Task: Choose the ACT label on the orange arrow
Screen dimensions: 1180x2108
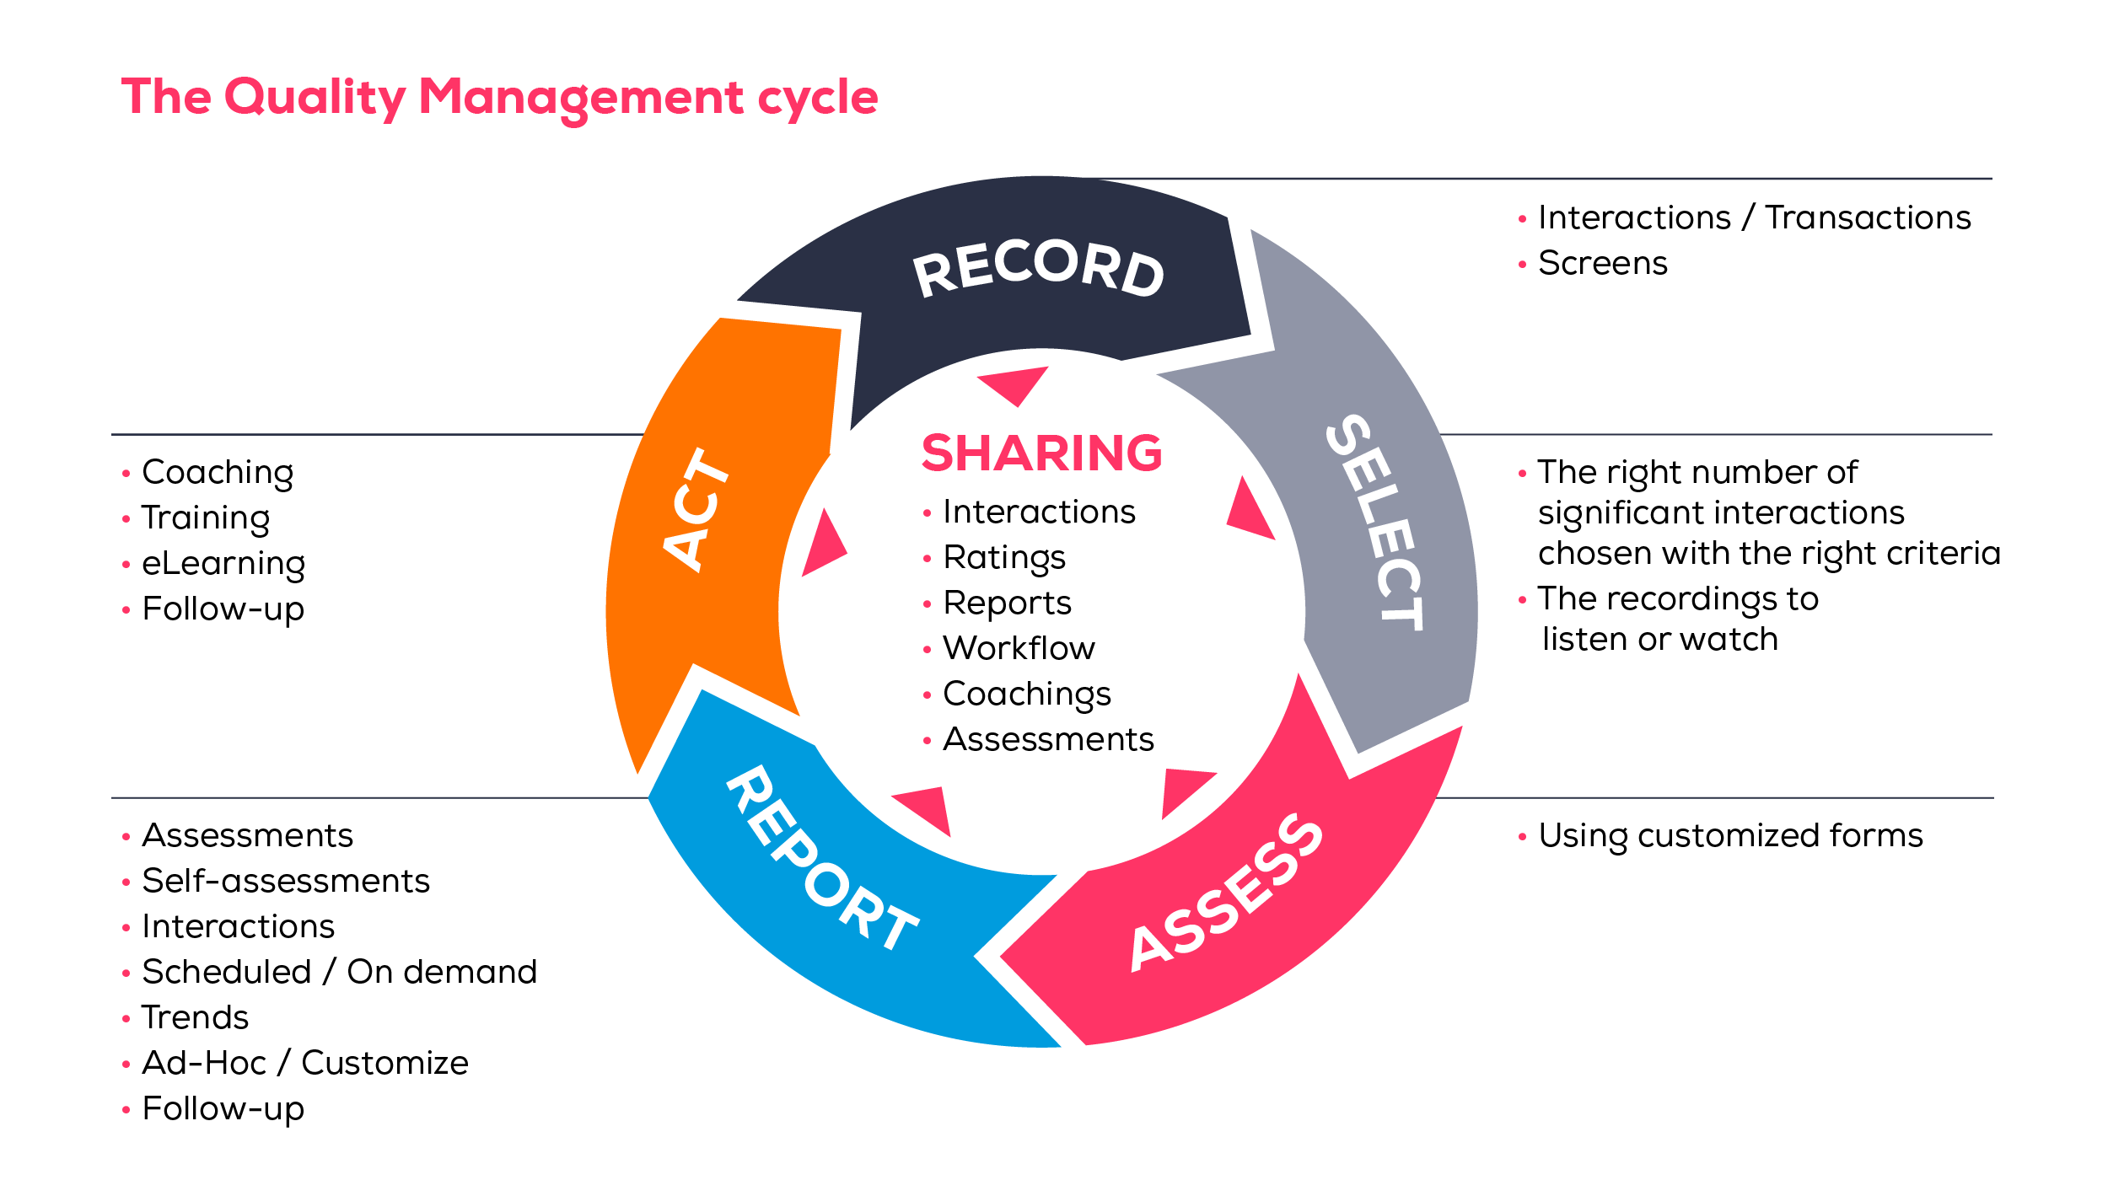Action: [696, 510]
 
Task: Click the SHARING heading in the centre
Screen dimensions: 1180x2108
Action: [1041, 453]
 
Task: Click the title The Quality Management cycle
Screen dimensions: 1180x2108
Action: [499, 98]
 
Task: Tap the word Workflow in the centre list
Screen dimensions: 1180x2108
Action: [1019, 648]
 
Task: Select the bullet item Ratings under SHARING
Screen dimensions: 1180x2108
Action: [1003, 557]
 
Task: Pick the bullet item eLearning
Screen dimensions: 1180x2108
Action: [223, 563]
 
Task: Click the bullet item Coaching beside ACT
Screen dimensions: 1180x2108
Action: [218, 472]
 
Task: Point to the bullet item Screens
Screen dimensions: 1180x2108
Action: [1602, 263]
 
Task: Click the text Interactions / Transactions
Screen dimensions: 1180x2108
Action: [1754, 217]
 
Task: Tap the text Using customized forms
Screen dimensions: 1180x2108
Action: [1730, 835]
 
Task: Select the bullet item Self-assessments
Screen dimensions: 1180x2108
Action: [286, 881]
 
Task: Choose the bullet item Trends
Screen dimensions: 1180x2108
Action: [195, 1017]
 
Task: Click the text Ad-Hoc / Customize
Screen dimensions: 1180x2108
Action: [304, 1063]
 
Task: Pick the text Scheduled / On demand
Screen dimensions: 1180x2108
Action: [339, 972]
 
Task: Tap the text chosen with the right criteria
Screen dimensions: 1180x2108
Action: [1768, 554]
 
